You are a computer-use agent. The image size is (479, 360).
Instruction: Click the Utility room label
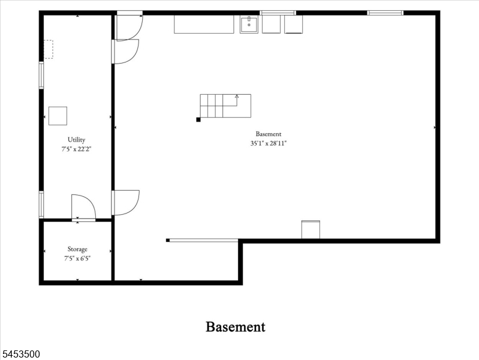coord(76,140)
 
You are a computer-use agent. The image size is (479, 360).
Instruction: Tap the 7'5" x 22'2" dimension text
coord(76,149)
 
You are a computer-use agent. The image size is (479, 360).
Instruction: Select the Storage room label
coord(77,249)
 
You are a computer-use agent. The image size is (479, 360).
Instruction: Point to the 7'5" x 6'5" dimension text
coord(77,259)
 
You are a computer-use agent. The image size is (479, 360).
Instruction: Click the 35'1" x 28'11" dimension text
coord(269,143)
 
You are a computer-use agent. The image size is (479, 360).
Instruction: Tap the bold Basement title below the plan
coord(236,326)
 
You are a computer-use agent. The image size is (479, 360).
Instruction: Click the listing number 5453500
coord(20,354)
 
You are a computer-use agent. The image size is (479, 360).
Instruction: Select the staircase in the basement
coord(225,106)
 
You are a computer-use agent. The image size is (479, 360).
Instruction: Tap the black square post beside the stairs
coord(198,119)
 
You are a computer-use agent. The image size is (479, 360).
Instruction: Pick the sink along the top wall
coord(249,24)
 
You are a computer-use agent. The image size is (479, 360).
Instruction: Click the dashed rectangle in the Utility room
coord(49,49)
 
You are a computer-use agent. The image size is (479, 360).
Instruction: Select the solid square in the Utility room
coord(58,116)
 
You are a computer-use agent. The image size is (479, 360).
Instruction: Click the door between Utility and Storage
coord(83,208)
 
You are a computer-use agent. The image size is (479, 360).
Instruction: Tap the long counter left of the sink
coord(204,24)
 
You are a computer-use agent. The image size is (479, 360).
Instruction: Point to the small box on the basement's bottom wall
coord(311,229)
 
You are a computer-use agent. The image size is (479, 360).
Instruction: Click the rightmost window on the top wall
coord(385,13)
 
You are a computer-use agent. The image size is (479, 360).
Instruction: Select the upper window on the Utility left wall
coord(41,75)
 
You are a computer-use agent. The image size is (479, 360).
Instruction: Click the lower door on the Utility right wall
coord(125,202)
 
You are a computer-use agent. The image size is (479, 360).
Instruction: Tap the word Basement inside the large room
coord(269,134)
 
